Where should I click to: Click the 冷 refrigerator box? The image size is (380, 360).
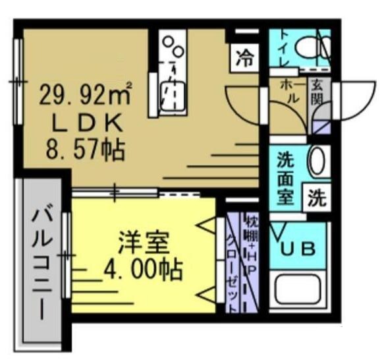tap(244, 58)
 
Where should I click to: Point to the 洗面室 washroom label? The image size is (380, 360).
tap(286, 179)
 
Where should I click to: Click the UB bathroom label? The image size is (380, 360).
tap(300, 249)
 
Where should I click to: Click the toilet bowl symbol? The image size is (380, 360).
tap(312, 45)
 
